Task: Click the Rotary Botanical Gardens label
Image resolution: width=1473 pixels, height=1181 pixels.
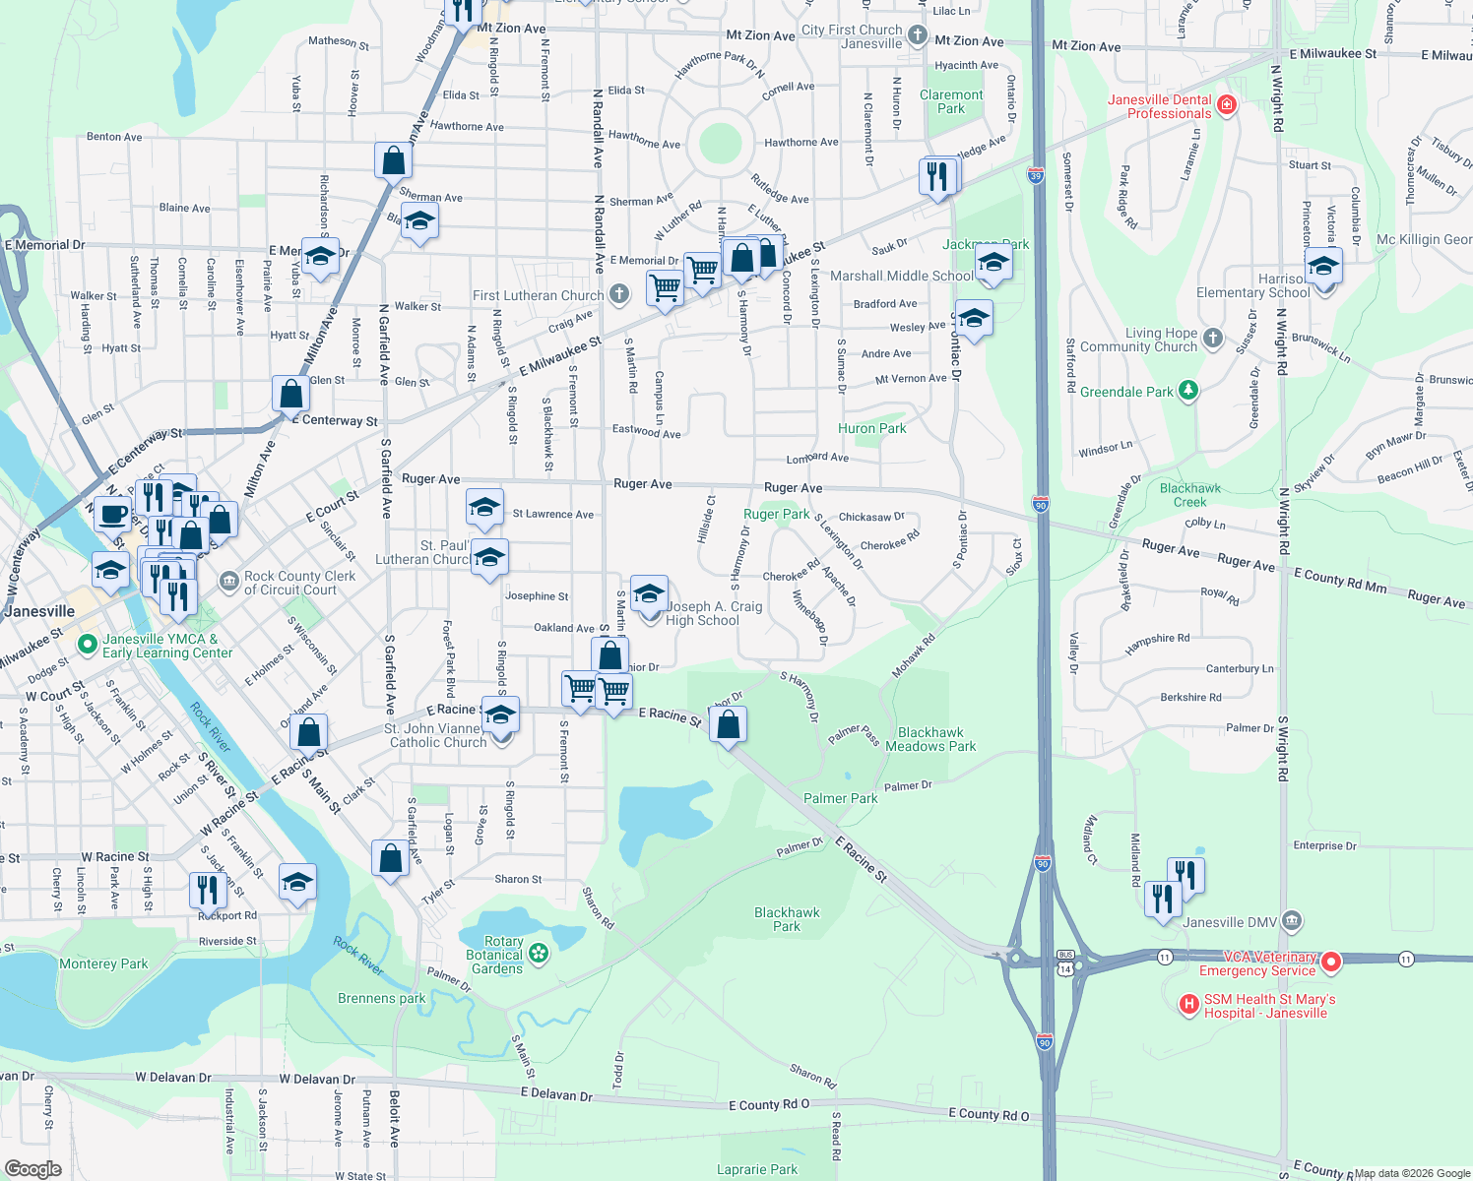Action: pyautogui.click(x=495, y=955)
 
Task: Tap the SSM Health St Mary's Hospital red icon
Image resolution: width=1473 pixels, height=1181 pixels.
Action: pyautogui.click(x=1189, y=1005)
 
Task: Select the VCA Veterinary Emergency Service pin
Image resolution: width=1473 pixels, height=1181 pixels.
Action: pyautogui.click(x=1330, y=962)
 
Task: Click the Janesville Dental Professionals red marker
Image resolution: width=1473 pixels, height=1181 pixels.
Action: pyautogui.click(x=1226, y=104)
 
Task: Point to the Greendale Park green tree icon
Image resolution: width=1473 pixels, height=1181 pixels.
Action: pyautogui.click(x=1188, y=391)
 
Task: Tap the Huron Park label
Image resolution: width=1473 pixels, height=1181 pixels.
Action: pyautogui.click(x=871, y=428)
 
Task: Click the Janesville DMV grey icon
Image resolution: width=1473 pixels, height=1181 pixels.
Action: pyautogui.click(x=1292, y=921)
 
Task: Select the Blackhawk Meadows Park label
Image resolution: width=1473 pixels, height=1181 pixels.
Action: pyautogui.click(x=930, y=739)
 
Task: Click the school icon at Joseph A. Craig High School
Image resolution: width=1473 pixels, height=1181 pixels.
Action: pyautogui.click(x=649, y=593)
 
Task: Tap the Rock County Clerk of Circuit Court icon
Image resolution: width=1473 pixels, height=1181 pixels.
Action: pyautogui.click(x=228, y=582)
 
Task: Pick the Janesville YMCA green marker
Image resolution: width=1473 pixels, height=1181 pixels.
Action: pyautogui.click(x=88, y=645)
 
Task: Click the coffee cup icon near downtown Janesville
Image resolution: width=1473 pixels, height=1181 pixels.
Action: pyautogui.click(x=113, y=514)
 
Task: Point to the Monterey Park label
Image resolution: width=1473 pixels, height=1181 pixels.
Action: pyautogui.click(x=103, y=963)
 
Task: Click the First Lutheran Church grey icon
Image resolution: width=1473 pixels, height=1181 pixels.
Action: pyautogui.click(x=618, y=293)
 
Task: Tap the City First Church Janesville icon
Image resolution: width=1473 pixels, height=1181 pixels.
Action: pyautogui.click(x=917, y=36)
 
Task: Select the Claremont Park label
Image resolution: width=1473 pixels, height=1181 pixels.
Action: pyautogui.click(x=951, y=101)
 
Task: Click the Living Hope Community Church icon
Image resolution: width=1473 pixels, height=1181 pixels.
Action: pyautogui.click(x=1213, y=339)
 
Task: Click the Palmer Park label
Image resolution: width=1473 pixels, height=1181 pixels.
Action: pyautogui.click(x=840, y=798)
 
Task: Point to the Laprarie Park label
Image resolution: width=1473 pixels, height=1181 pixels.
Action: pyautogui.click(x=756, y=1169)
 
